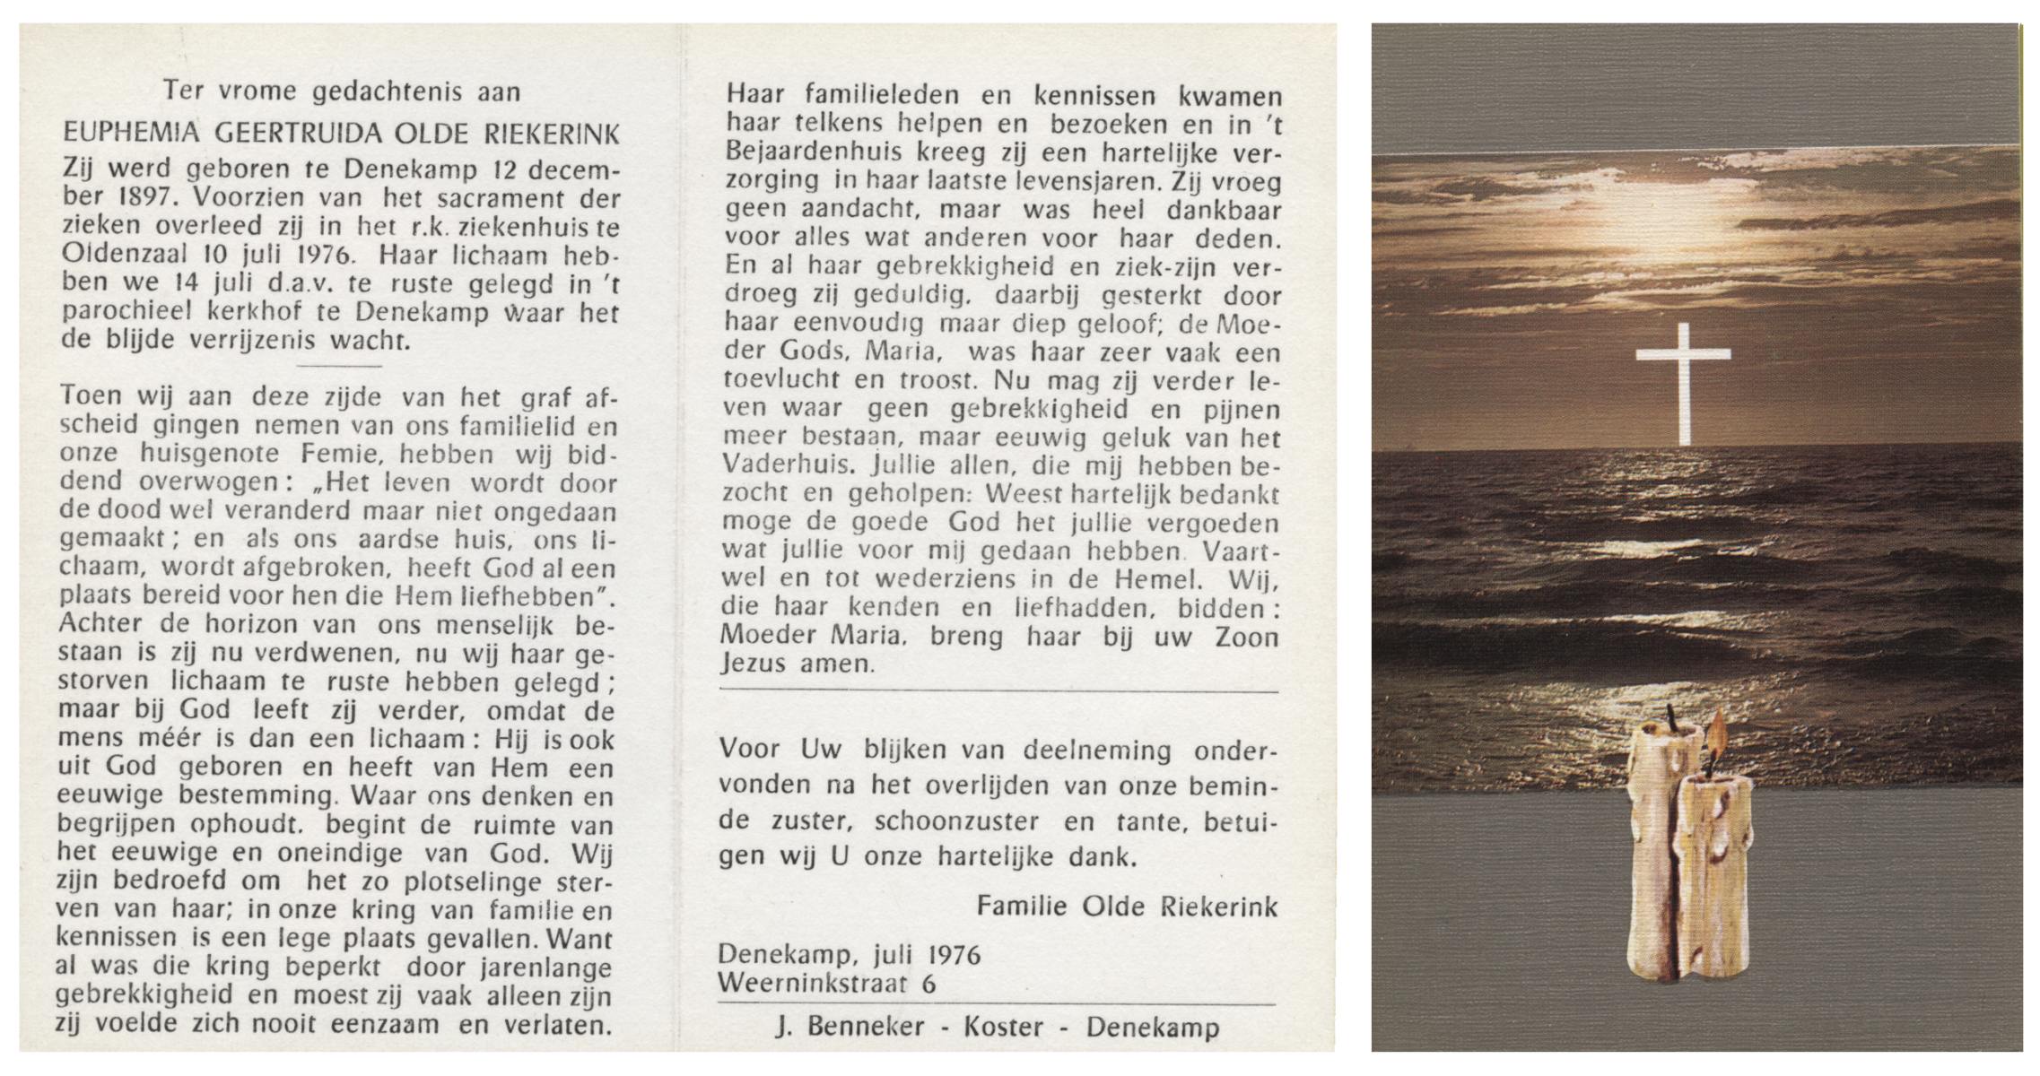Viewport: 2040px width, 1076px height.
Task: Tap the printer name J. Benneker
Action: click(x=850, y=1028)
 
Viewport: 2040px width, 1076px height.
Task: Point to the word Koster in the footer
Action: click(x=1002, y=1028)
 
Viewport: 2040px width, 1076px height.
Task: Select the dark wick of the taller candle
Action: click(x=1671, y=716)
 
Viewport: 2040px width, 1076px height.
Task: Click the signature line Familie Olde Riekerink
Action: click(x=1126, y=907)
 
